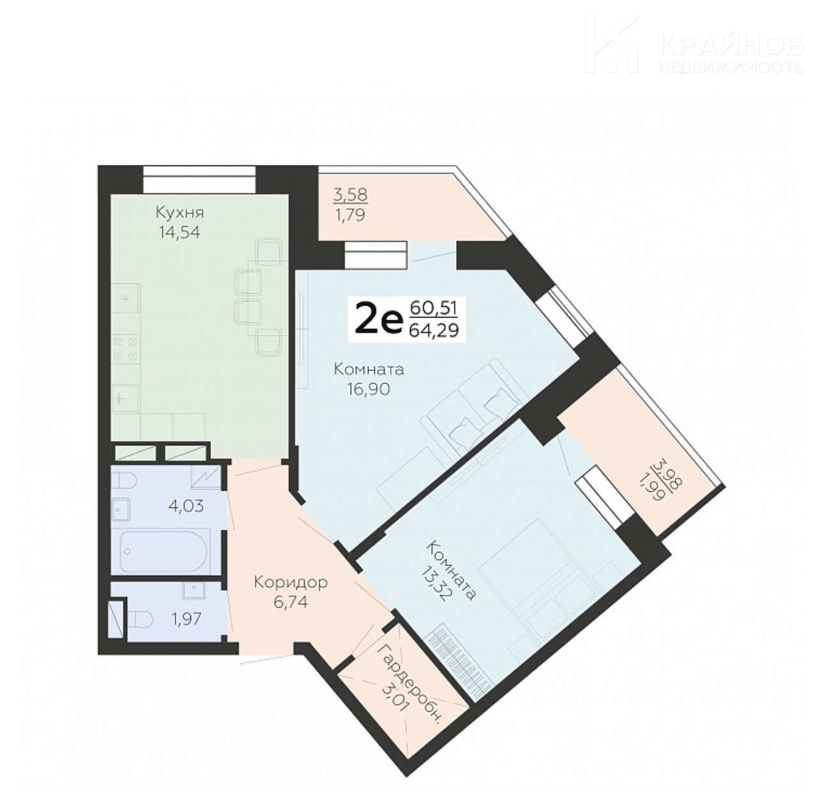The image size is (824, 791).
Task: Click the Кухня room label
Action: (x=179, y=213)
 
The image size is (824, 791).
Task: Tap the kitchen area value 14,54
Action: (x=179, y=233)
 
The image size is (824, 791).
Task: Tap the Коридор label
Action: (x=291, y=583)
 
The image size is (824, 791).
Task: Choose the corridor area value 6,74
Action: (x=291, y=602)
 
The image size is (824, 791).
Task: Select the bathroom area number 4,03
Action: (x=187, y=505)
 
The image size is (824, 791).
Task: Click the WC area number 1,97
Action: (x=186, y=619)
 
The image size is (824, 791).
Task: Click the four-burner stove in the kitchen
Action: (x=125, y=348)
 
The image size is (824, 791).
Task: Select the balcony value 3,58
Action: (x=350, y=195)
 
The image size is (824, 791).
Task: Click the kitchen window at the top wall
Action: (x=199, y=180)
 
